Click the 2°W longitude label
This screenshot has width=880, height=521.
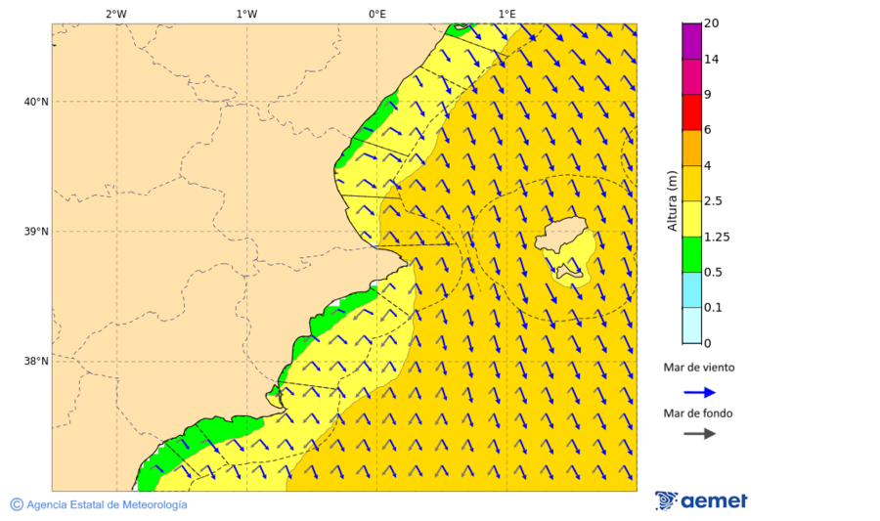click(x=115, y=14)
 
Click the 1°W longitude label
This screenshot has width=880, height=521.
click(x=246, y=14)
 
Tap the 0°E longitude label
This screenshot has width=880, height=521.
click(x=376, y=14)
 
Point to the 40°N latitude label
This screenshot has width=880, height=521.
click(x=36, y=102)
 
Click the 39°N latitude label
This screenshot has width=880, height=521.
click(x=36, y=232)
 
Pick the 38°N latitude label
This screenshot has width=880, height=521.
click(x=36, y=362)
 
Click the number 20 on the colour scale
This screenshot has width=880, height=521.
click(x=712, y=23)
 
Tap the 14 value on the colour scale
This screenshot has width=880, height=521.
click(x=712, y=59)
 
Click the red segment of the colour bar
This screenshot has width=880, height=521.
click(x=691, y=112)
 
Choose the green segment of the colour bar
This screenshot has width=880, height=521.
click(x=691, y=254)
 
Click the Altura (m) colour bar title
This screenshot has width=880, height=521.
click(x=672, y=200)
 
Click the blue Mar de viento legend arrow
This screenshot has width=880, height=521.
click(x=699, y=392)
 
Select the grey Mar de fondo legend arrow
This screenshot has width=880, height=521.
click(x=699, y=434)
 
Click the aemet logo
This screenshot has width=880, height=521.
click(x=701, y=500)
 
